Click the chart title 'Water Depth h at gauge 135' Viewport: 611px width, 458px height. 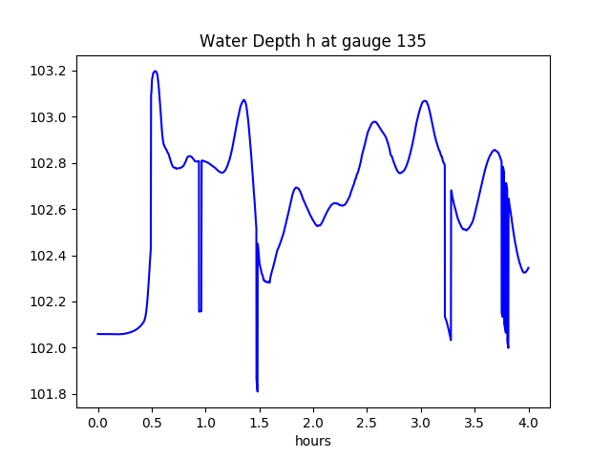[312, 42]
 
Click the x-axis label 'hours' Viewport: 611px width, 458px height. [313, 442]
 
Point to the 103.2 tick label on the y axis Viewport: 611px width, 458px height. [50, 72]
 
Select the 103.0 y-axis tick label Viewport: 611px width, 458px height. [50, 117]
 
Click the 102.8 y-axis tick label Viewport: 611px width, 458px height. [50, 164]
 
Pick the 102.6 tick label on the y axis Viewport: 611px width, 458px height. [50, 210]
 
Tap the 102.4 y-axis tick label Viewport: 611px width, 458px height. [50, 256]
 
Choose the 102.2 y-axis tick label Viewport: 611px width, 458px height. [50, 302]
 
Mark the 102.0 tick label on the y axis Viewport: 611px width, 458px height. [50, 348]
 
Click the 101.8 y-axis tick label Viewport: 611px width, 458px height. [50, 394]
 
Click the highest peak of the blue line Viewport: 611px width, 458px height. [155, 71]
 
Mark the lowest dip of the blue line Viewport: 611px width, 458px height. [258, 391]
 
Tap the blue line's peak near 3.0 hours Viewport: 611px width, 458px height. [425, 100]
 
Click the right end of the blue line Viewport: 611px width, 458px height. [529, 268]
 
